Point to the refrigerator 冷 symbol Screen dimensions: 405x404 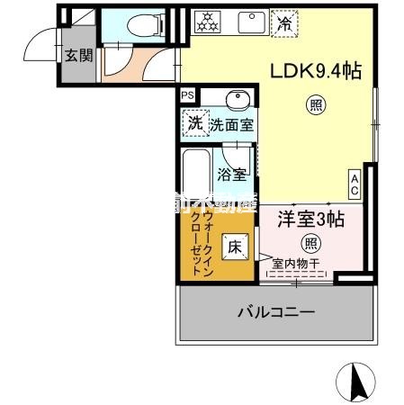[x=285, y=22]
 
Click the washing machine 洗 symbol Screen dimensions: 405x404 [x=193, y=123]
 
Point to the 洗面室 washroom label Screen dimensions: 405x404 [x=231, y=124]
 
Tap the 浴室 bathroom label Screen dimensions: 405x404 [x=232, y=174]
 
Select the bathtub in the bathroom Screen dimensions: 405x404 [x=194, y=175]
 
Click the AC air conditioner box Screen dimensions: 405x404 [x=355, y=184]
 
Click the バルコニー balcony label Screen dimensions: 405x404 [x=276, y=312]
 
